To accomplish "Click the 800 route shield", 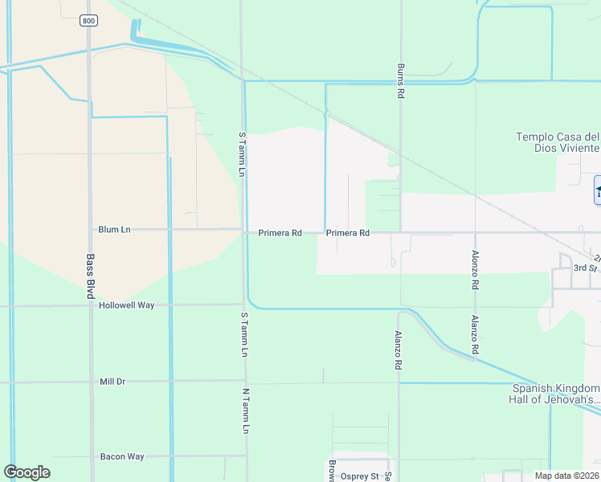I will coord(88,21).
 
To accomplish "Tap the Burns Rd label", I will coord(399,81).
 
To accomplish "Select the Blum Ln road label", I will coord(114,230).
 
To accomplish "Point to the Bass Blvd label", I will coord(90,277).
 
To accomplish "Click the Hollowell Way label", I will coord(126,306).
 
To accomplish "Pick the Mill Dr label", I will coord(112,382).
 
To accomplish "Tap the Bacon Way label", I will coord(122,456).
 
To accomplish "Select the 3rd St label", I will coord(585,267).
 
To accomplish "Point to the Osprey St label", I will coord(359,476).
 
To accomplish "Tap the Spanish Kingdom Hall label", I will coord(557,393).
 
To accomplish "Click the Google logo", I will coord(27,472).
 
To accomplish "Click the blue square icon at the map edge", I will coord(597,190).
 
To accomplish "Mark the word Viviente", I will coord(579,148).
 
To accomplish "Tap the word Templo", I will coord(534,137).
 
